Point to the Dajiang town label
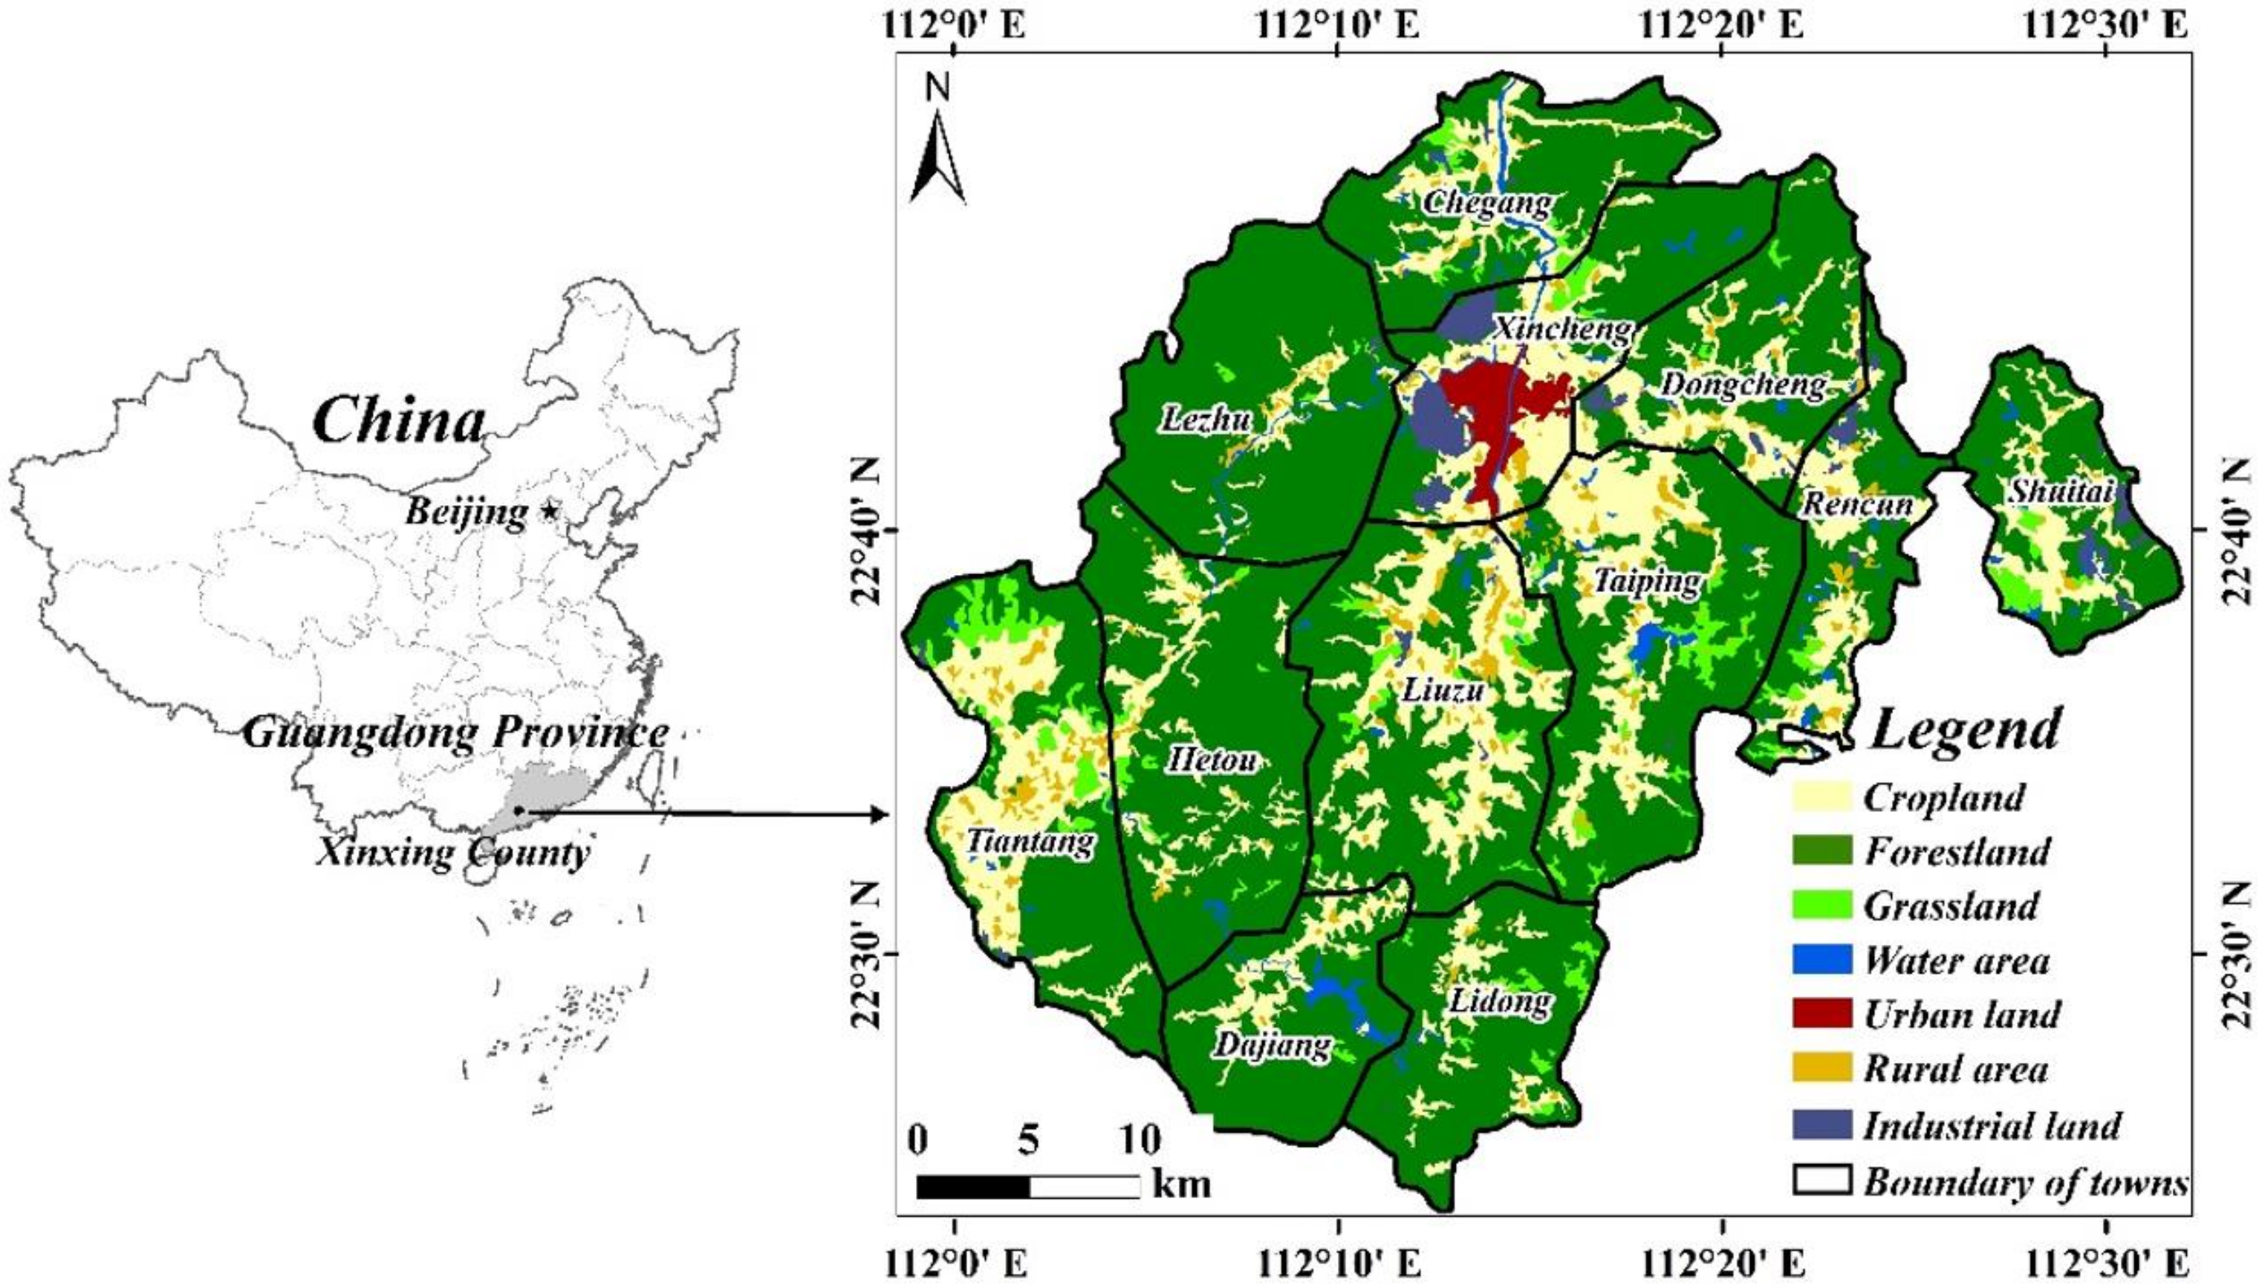click(x=1271, y=1046)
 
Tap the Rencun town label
click(x=1858, y=505)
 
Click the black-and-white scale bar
click(x=1028, y=1186)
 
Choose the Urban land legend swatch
click(x=1821, y=1015)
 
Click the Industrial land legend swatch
click(x=1821, y=1125)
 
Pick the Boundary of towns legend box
click(x=1821, y=1180)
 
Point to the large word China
click(x=399, y=422)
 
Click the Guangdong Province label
click(x=455, y=733)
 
